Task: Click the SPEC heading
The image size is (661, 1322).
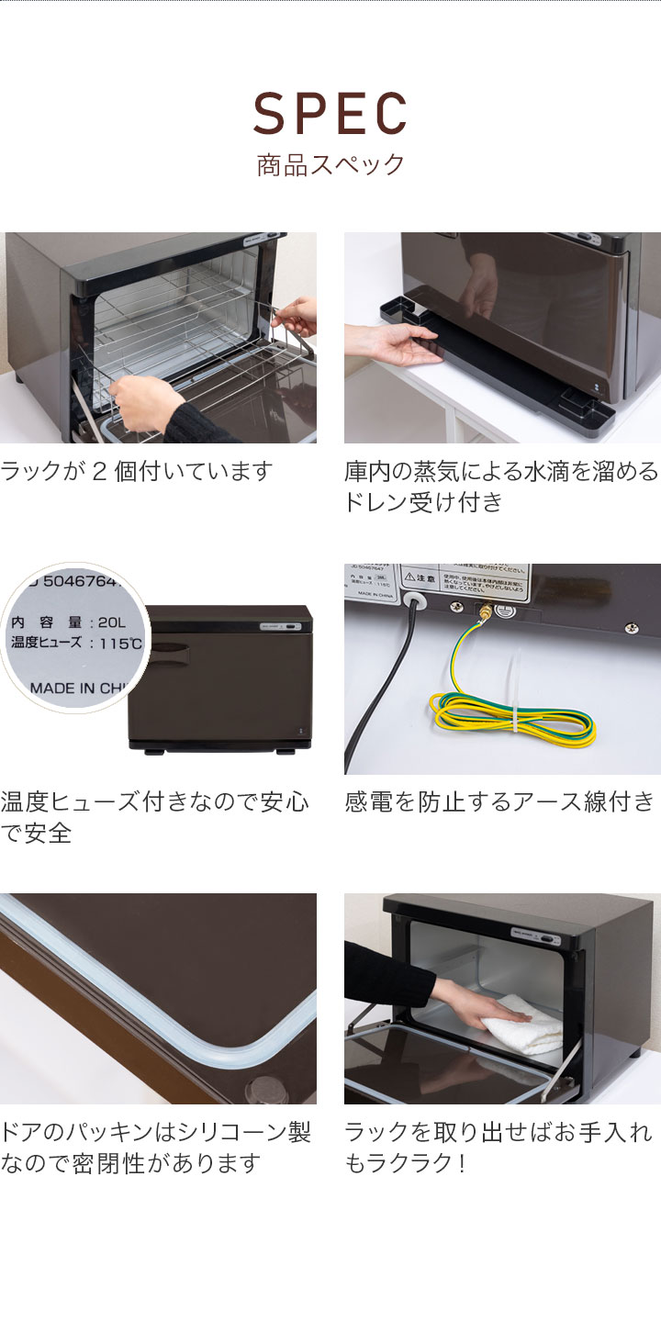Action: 330,115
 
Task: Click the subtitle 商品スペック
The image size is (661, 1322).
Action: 330,165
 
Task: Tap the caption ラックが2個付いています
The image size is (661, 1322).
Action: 137,472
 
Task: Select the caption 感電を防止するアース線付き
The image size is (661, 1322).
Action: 501,802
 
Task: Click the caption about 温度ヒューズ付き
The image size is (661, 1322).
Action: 154,818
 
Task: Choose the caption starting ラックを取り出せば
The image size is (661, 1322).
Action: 499,1148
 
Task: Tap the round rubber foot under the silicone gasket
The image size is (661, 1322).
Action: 266,1090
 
